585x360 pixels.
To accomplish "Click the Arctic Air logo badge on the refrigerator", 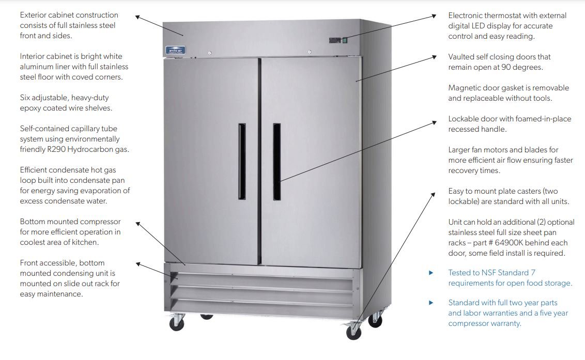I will click(x=175, y=50).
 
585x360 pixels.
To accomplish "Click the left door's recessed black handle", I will click(x=242, y=161).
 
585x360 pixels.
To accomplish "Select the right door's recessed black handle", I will click(x=276, y=161).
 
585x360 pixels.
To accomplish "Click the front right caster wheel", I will click(x=353, y=332).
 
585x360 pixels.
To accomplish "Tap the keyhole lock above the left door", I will click(x=210, y=53).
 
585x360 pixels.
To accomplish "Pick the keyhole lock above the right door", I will click(x=309, y=52).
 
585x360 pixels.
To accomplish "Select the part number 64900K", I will click(x=553, y=243).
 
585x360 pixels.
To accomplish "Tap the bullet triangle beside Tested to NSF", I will click(x=432, y=273).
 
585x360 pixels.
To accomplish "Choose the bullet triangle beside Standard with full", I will click(x=432, y=303).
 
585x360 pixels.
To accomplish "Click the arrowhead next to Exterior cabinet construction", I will click(x=138, y=16).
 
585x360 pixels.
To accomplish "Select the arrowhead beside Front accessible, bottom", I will click(x=138, y=263).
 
